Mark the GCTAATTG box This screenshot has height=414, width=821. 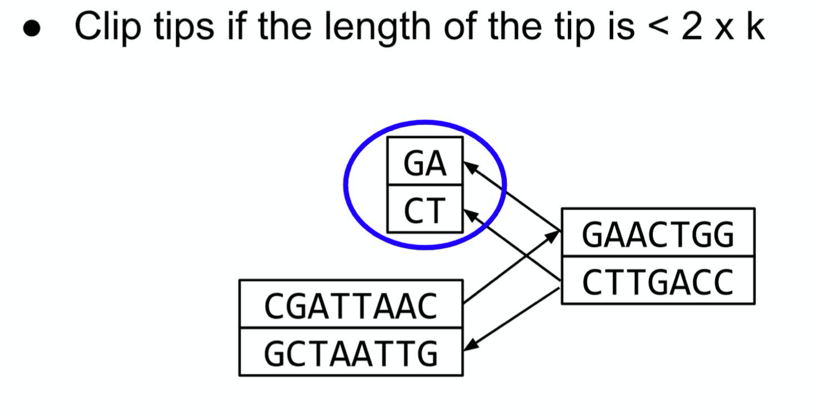(x=351, y=352)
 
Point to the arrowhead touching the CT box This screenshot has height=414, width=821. (x=469, y=214)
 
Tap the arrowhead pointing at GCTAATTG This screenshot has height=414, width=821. (x=469, y=346)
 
